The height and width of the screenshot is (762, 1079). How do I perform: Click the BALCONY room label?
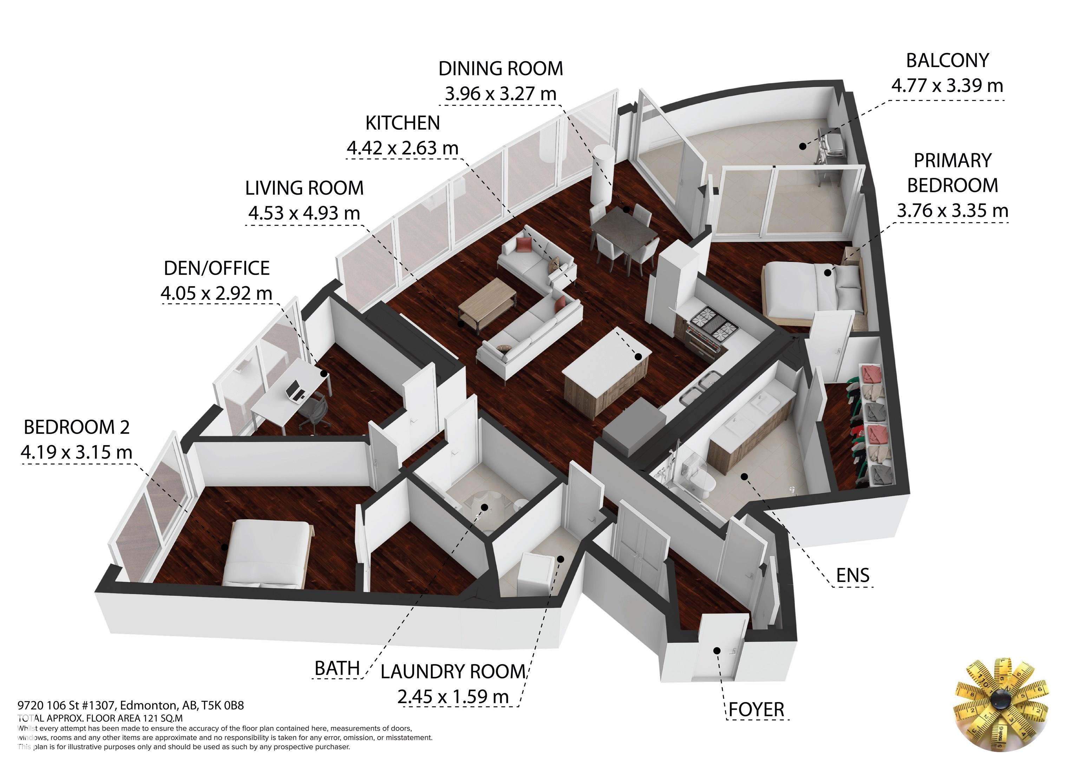947,61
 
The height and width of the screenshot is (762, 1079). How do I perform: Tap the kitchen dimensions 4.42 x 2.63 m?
402,148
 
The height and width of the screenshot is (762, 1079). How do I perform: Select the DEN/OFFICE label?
217,268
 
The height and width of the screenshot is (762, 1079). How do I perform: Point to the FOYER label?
756,709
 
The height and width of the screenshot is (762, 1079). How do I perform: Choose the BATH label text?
337,668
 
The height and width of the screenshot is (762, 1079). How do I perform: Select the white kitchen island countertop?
607,361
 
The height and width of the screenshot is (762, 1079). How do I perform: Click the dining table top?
623,225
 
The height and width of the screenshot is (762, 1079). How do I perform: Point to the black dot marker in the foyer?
717,650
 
